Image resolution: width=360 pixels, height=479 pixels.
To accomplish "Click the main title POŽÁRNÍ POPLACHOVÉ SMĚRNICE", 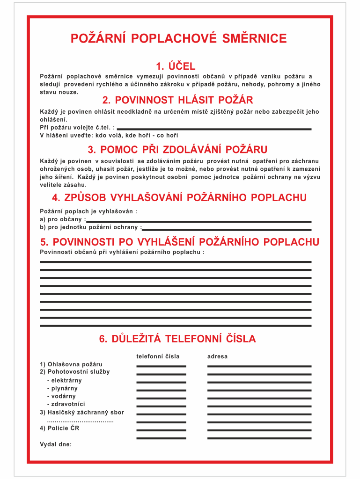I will coord(178,38).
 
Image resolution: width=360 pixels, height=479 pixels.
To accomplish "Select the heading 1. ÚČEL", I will coord(176,66).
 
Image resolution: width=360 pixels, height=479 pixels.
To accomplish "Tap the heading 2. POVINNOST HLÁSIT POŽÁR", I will coord(177,100).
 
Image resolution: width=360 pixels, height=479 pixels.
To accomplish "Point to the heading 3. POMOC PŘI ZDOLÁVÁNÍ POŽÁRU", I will coord(177,150).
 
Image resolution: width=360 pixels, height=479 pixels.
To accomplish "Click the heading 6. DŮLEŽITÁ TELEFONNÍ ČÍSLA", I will coord(177,339).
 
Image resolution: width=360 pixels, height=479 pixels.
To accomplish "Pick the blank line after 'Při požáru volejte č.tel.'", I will coord(214,129).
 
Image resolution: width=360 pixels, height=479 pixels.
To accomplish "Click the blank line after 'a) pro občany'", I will coord(198,222).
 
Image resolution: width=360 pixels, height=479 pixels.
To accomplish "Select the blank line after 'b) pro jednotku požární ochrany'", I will coord(227,230).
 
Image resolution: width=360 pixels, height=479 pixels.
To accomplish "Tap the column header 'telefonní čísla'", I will coord(158,356).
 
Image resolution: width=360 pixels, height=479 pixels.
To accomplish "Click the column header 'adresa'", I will coord(217,356).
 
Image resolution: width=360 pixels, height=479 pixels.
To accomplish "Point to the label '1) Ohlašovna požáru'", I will coord(71,364).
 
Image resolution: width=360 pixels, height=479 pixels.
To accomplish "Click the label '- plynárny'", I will coord(62,388).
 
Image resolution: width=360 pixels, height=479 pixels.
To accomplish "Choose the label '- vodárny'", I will coord(61,396).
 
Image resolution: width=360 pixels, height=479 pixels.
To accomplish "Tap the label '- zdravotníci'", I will coord(66,404).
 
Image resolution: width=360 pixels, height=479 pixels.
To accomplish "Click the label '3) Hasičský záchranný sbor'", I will coord(82,412).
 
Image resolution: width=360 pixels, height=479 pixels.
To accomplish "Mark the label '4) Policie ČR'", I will coord(60,428).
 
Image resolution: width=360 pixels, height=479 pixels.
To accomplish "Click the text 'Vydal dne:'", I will coord(56,444).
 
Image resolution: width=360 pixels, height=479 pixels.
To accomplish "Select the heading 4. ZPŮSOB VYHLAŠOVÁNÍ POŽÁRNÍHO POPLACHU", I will coord(179,198).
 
